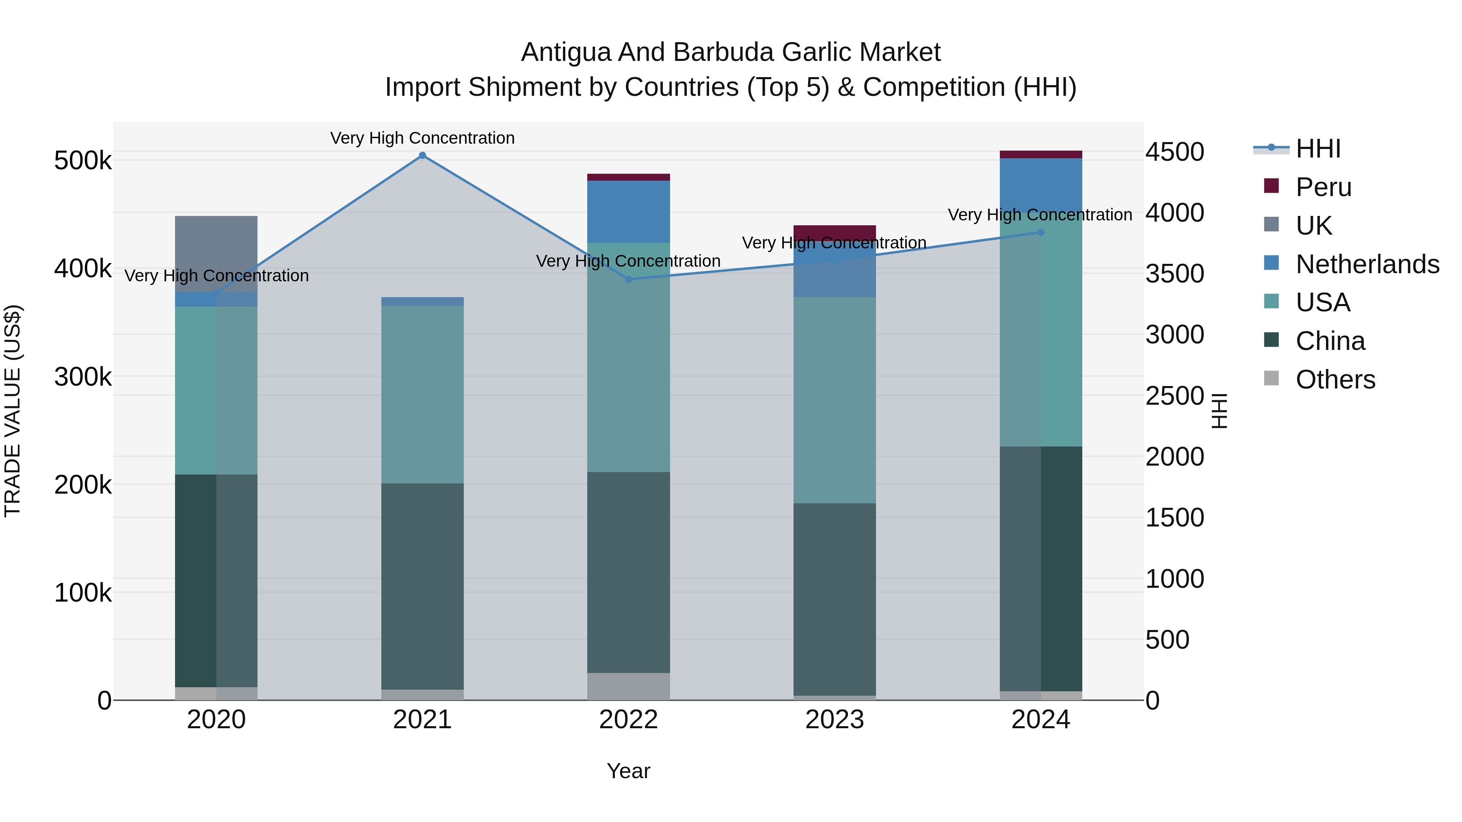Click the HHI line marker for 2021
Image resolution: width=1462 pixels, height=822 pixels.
pyautogui.click(x=422, y=155)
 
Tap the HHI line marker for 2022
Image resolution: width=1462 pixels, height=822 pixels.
pyautogui.click(x=628, y=279)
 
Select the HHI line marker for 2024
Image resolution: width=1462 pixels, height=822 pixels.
pyautogui.click(x=1040, y=232)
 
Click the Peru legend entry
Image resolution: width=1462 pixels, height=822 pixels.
pyautogui.click(x=1324, y=187)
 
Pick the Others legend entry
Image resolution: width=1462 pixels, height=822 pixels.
pyautogui.click(x=1335, y=379)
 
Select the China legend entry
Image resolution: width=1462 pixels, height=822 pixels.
pyautogui.click(x=1330, y=341)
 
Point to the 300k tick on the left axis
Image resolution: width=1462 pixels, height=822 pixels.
pyautogui.click(x=83, y=377)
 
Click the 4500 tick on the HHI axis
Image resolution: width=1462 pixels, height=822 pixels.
pyautogui.click(x=1174, y=152)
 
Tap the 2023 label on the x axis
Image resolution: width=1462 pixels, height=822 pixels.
pyautogui.click(x=834, y=720)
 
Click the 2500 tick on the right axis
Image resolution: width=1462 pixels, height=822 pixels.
pyautogui.click(x=1174, y=396)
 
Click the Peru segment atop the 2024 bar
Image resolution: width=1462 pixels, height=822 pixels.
pyautogui.click(x=1040, y=154)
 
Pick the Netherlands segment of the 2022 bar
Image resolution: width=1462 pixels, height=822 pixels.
pyautogui.click(x=628, y=211)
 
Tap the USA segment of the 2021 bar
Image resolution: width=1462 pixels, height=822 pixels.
pyautogui.click(x=422, y=394)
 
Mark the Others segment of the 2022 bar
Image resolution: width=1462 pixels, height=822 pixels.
pyautogui.click(x=628, y=686)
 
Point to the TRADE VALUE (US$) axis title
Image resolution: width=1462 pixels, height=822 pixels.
pyautogui.click(x=13, y=411)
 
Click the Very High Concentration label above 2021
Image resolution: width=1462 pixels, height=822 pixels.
pyautogui.click(x=422, y=138)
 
